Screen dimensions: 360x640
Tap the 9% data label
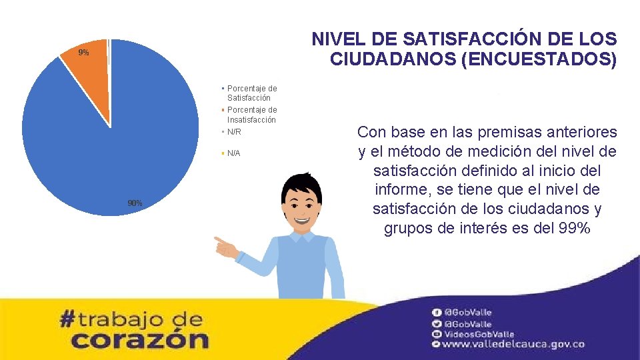(x=83, y=52)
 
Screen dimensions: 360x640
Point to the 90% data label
(x=135, y=203)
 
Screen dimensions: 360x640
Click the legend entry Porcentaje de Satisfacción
(x=251, y=93)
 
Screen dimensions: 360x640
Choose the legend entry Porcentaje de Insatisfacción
(x=251, y=114)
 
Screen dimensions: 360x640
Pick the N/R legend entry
(x=233, y=132)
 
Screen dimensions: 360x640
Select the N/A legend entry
(x=233, y=153)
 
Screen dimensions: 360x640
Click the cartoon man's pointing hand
(x=225, y=247)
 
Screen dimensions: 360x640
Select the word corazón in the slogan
(x=139, y=339)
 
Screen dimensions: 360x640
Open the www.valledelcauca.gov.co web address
(x=513, y=344)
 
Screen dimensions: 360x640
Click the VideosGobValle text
(x=479, y=334)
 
